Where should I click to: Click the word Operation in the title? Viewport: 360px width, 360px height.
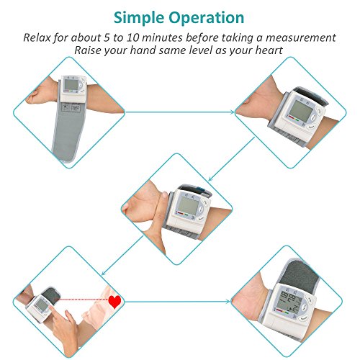pyautogui.click(x=207, y=18)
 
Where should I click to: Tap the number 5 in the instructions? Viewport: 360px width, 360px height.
pyautogui.click(x=107, y=37)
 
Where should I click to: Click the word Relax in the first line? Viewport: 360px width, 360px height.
pyautogui.click(x=37, y=37)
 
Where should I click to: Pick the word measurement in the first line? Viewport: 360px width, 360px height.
pyautogui.click(x=300, y=38)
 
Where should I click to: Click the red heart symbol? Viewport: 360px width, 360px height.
pyautogui.click(x=114, y=302)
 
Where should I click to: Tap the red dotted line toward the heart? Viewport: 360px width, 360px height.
pyautogui.click(x=82, y=300)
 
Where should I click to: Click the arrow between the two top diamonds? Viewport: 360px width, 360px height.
pyautogui.click(x=180, y=112)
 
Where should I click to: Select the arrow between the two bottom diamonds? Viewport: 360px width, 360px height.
pyautogui.click(x=178, y=302)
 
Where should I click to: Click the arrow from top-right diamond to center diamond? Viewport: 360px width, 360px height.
pyautogui.click(x=231, y=159)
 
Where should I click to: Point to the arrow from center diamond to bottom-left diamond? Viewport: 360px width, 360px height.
pyautogui.click(x=122, y=256)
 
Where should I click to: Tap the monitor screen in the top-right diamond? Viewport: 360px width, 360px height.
pyautogui.click(x=301, y=111)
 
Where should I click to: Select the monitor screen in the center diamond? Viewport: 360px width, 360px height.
pyautogui.click(x=189, y=206)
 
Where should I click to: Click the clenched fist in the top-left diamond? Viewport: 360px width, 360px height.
pyautogui.click(x=36, y=96)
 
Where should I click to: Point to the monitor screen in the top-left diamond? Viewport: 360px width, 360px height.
pyautogui.click(x=71, y=84)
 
